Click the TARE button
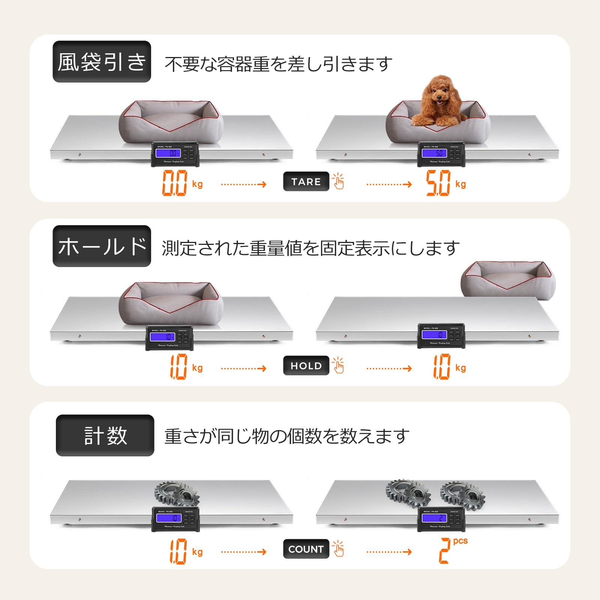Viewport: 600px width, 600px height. (x=306, y=181)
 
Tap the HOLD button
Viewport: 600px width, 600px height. (x=306, y=366)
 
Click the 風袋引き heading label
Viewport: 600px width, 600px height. (x=102, y=61)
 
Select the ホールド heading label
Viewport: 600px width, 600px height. (x=102, y=246)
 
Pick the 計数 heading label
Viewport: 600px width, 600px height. (x=105, y=435)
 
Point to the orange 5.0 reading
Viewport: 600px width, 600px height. (x=438, y=183)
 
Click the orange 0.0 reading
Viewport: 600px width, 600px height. (x=174, y=183)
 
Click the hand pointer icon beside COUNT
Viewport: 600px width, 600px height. (x=338, y=549)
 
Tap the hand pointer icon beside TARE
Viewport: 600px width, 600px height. (x=338, y=181)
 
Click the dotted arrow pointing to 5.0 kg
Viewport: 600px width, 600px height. (x=389, y=184)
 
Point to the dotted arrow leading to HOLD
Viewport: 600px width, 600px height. (x=243, y=368)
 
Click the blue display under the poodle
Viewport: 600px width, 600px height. (x=434, y=153)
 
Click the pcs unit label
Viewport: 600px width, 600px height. (x=460, y=541)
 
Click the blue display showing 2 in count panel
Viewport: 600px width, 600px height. (x=434, y=518)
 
